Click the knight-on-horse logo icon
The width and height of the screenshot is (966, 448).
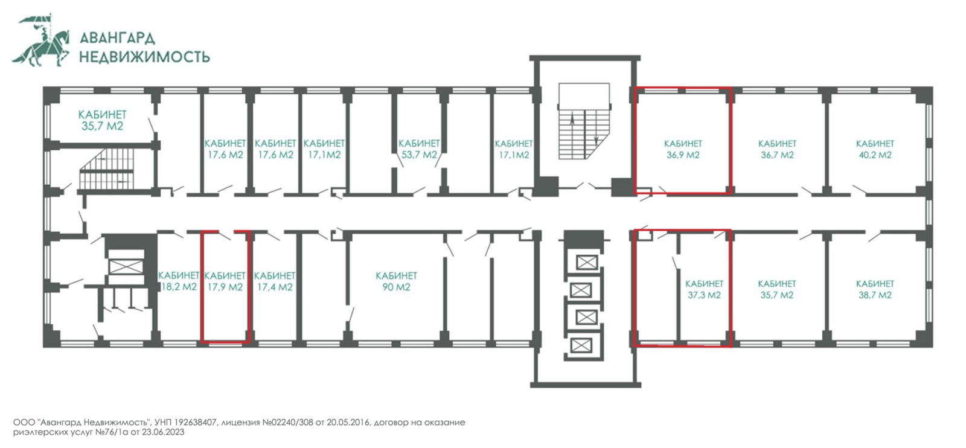pyautogui.click(x=41, y=41)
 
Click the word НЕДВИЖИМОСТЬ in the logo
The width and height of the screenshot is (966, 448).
pyautogui.click(x=145, y=57)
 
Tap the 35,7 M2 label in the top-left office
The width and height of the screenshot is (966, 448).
pyautogui.click(x=102, y=126)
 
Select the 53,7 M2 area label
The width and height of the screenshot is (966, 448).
pyautogui.click(x=419, y=155)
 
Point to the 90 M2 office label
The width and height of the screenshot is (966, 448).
pyautogui.click(x=396, y=287)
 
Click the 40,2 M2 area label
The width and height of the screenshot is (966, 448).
pyautogui.click(x=875, y=155)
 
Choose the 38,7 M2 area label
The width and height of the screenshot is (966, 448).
pyautogui.click(x=875, y=295)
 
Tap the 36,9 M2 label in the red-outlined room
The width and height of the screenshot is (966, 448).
pyautogui.click(x=683, y=155)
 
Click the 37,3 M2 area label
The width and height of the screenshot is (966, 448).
pyautogui.click(x=704, y=295)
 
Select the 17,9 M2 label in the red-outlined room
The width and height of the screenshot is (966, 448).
pyautogui.click(x=225, y=287)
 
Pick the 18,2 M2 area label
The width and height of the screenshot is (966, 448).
pyautogui.click(x=179, y=287)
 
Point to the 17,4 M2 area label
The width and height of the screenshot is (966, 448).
pyautogui.click(x=275, y=287)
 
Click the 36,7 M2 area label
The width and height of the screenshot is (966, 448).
pyautogui.click(x=777, y=155)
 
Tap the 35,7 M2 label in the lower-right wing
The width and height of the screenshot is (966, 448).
pyautogui.click(x=776, y=295)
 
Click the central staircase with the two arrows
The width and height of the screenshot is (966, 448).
pyautogui.click(x=584, y=121)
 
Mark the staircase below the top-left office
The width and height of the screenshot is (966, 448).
pyautogui.click(x=106, y=169)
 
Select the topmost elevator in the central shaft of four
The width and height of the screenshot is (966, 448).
pyautogui.click(x=587, y=262)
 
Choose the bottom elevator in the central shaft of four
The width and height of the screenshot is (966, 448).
pyautogui.click(x=581, y=345)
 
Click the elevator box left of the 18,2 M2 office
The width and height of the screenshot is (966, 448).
pyautogui.click(x=126, y=266)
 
